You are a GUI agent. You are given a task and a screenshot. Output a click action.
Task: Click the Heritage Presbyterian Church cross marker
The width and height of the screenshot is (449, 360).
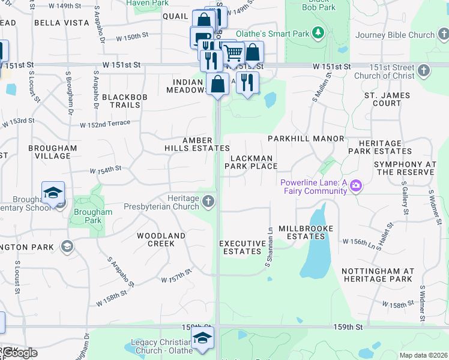(208, 200)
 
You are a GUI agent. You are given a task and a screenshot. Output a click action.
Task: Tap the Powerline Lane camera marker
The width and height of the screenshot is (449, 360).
(356, 185)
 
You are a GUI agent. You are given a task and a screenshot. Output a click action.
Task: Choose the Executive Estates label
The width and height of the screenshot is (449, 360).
(243, 247)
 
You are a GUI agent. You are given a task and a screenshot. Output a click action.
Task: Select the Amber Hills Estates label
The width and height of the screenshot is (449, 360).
(197, 144)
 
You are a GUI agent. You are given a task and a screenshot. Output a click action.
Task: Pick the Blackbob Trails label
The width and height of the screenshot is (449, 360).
(121, 101)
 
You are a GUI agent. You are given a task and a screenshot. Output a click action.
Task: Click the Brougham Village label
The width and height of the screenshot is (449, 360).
(53, 152)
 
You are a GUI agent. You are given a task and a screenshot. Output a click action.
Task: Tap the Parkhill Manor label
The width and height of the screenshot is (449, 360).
(306, 139)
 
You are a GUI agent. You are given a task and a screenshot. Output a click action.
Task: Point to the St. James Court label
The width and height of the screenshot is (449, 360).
(387, 99)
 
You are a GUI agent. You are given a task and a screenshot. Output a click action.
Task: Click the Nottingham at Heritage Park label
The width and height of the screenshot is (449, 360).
(377, 275)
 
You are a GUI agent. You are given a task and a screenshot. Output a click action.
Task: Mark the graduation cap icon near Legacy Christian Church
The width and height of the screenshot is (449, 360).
(203, 338)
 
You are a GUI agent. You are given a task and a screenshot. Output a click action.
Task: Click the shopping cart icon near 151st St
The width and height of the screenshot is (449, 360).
(233, 53)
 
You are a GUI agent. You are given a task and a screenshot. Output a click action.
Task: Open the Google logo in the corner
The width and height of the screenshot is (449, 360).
(20, 353)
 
